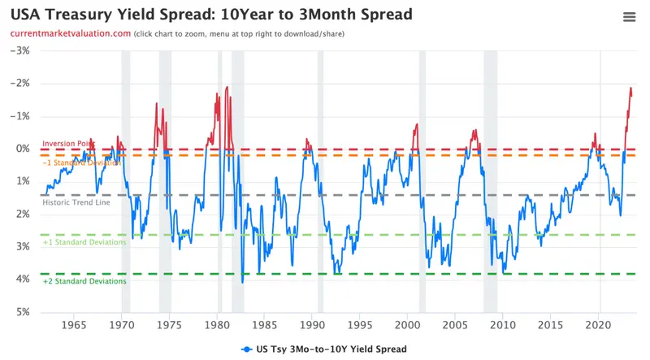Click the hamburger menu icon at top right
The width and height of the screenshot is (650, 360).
coord(629,17)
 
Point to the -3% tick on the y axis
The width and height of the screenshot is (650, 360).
coord(19,50)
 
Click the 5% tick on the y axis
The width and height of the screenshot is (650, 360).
coord(22,312)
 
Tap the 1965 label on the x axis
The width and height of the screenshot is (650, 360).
coord(74,325)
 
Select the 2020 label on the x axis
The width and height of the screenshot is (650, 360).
coord(600,325)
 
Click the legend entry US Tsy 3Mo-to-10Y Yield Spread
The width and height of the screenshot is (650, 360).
coord(325,349)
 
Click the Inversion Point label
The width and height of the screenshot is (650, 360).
coord(68,144)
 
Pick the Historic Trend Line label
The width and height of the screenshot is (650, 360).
coord(76,203)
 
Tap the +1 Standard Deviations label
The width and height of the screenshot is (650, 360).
coord(84,242)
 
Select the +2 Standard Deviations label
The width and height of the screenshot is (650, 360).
coord(84,281)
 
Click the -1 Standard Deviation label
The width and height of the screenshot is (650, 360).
coord(81,163)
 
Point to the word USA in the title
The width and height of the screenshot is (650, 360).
coord(27,14)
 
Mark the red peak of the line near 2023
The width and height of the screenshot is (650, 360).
coord(630,88)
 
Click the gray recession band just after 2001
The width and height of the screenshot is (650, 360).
coord(422,179)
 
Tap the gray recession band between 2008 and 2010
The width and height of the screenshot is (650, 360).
coord(490,179)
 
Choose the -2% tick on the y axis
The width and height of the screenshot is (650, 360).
coord(19,83)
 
